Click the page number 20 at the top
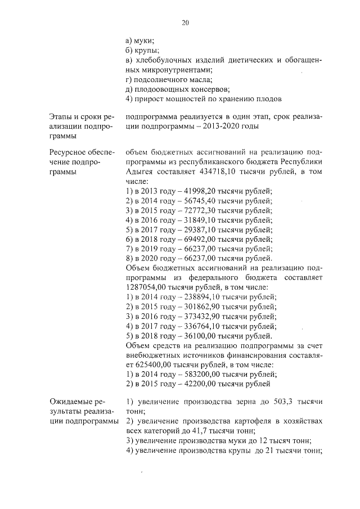coord(184,22)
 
